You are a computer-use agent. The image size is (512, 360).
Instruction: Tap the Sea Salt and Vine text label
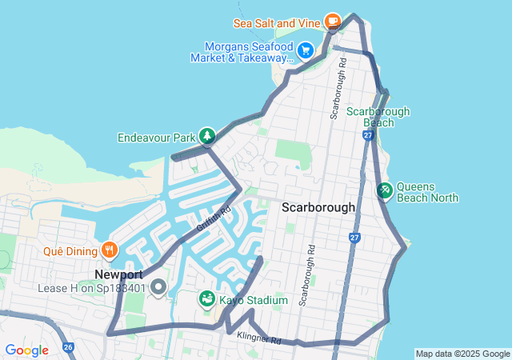point(278,22)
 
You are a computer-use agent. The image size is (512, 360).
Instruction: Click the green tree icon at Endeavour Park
point(207,137)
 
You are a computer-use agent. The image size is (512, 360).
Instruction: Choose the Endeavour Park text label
point(157,138)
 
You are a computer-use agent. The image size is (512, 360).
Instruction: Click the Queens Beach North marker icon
point(384,190)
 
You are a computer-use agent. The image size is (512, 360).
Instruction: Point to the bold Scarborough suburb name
point(318,207)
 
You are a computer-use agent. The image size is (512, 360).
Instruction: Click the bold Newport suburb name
point(118,274)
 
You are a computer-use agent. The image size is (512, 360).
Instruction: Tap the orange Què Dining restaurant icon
point(110,250)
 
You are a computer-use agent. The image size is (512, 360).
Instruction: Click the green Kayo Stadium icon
point(207,299)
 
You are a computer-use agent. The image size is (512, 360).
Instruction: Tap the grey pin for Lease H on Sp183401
point(158,286)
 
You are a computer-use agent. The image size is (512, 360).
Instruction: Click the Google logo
point(27,350)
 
